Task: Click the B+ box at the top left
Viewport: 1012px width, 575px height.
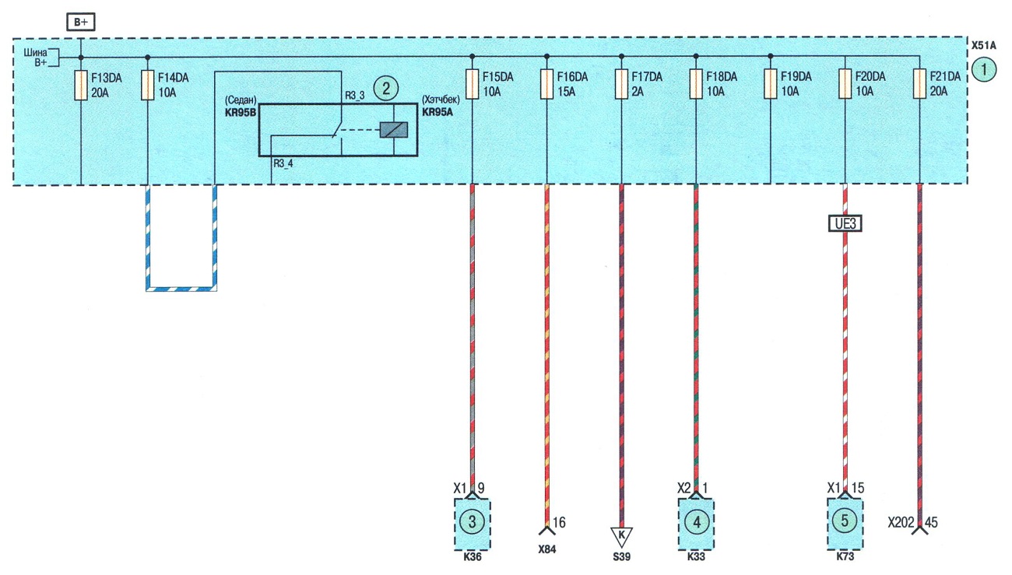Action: pyautogui.click(x=81, y=22)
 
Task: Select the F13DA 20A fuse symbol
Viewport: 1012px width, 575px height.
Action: pyautogui.click(x=81, y=85)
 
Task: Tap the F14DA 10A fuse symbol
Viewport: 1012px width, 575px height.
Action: pyautogui.click(x=148, y=85)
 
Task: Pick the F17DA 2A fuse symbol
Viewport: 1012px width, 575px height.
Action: pyautogui.click(x=621, y=84)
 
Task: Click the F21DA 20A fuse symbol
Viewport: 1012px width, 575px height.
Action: pyautogui.click(x=919, y=84)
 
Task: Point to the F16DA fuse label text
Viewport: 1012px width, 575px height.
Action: pyautogui.click(x=572, y=77)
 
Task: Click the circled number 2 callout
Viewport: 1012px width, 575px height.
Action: pyautogui.click(x=386, y=88)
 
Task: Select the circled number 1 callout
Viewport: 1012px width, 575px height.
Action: pyautogui.click(x=983, y=70)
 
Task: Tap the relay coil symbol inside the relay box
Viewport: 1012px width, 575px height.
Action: pyautogui.click(x=394, y=130)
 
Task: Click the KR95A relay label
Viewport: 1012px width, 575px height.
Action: pyautogui.click(x=437, y=112)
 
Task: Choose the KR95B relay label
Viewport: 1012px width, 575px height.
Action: pyautogui.click(x=241, y=113)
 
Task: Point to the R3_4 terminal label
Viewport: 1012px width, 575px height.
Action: pyautogui.click(x=283, y=163)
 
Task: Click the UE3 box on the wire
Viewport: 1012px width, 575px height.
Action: pyautogui.click(x=845, y=223)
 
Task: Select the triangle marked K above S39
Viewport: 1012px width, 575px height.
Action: pyautogui.click(x=621, y=536)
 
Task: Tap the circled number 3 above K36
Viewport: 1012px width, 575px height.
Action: pyautogui.click(x=472, y=522)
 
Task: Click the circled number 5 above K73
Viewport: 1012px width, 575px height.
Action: pyautogui.click(x=845, y=521)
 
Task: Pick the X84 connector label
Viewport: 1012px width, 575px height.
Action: pyautogui.click(x=546, y=549)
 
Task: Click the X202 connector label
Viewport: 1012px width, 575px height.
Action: pyautogui.click(x=901, y=523)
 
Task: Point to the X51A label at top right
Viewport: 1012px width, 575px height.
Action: pyautogui.click(x=983, y=46)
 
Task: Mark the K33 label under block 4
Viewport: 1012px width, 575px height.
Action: pyautogui.click(x=696, y=557)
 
